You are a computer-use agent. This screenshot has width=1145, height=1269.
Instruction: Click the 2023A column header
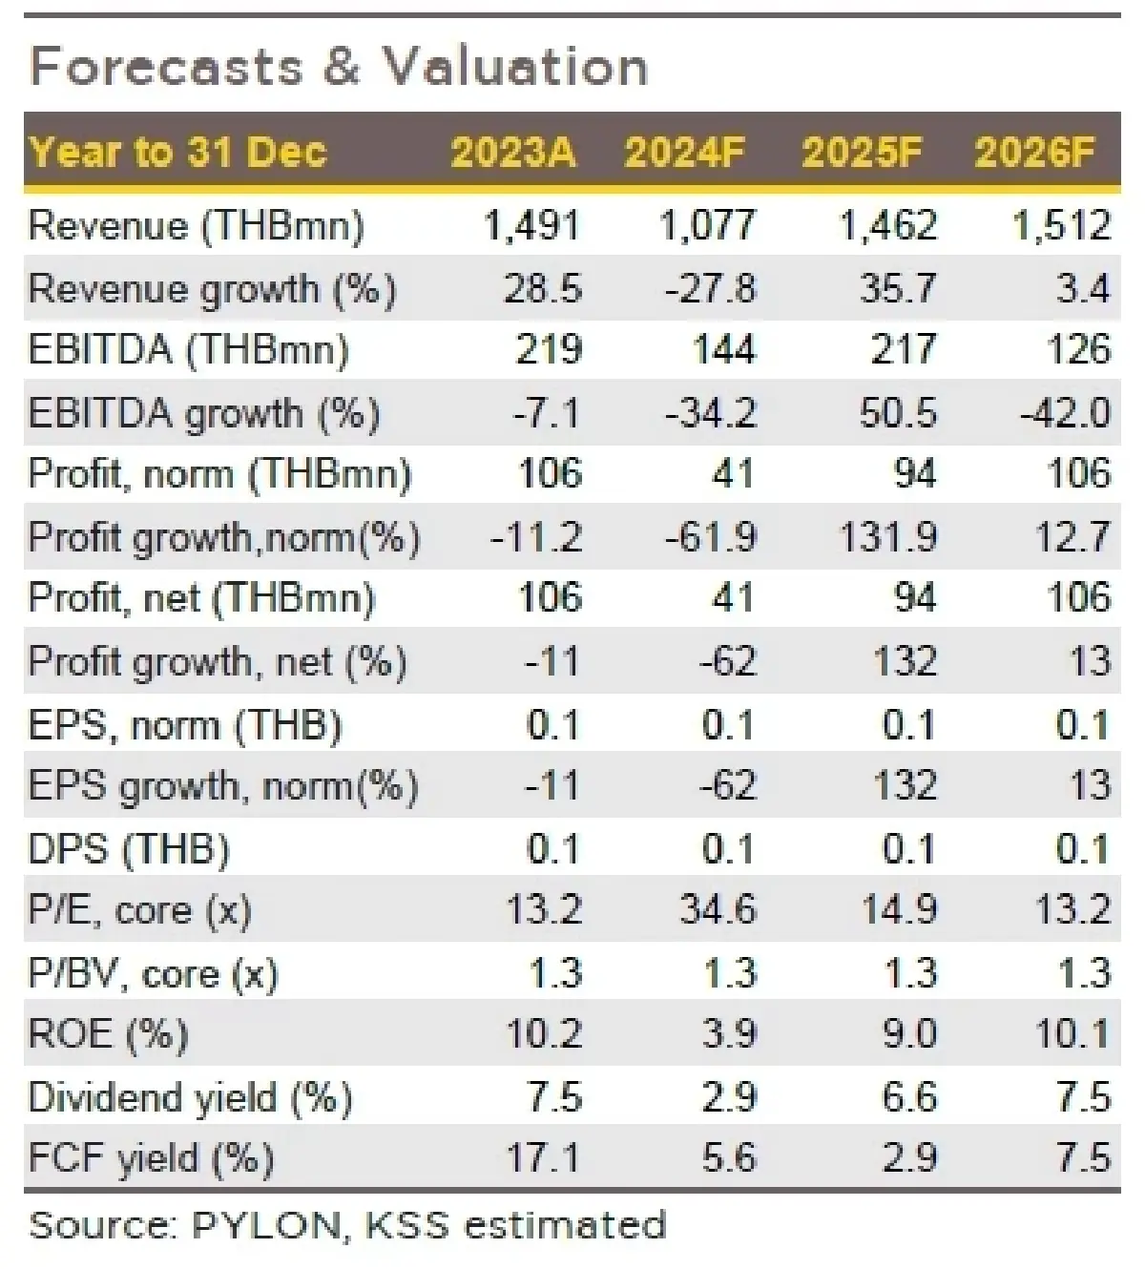click(513, 153)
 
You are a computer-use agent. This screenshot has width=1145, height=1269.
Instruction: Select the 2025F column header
click(862, 153)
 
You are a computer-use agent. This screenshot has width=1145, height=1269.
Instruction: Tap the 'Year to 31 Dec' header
click(178, 153)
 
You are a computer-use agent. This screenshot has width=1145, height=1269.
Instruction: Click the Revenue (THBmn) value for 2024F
click(707, 226)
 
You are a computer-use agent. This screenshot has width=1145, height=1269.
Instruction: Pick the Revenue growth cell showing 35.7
click(898, 288)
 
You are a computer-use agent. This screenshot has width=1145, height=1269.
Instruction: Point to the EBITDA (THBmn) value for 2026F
click(1078, 350)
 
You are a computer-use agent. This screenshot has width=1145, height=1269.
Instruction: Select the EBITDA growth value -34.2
click(712, 412)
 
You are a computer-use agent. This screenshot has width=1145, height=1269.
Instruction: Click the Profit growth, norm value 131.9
click(888, 537)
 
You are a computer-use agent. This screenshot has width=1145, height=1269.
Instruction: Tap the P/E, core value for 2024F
click(718, 909)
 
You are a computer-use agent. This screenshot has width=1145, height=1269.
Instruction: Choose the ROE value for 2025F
click(908, 1033)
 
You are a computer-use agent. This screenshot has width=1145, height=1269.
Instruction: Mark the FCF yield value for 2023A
click(542, 1157)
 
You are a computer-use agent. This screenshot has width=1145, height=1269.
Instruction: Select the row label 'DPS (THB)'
click(130, 848)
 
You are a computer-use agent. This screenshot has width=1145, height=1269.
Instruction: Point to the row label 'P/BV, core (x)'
click(154, 973)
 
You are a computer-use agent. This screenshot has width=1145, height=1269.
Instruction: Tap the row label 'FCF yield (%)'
click(152, 1158)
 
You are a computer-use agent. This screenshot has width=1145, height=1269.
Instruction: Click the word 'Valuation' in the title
click(515, 67)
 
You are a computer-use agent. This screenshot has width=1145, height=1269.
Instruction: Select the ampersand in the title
click(344, 67)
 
